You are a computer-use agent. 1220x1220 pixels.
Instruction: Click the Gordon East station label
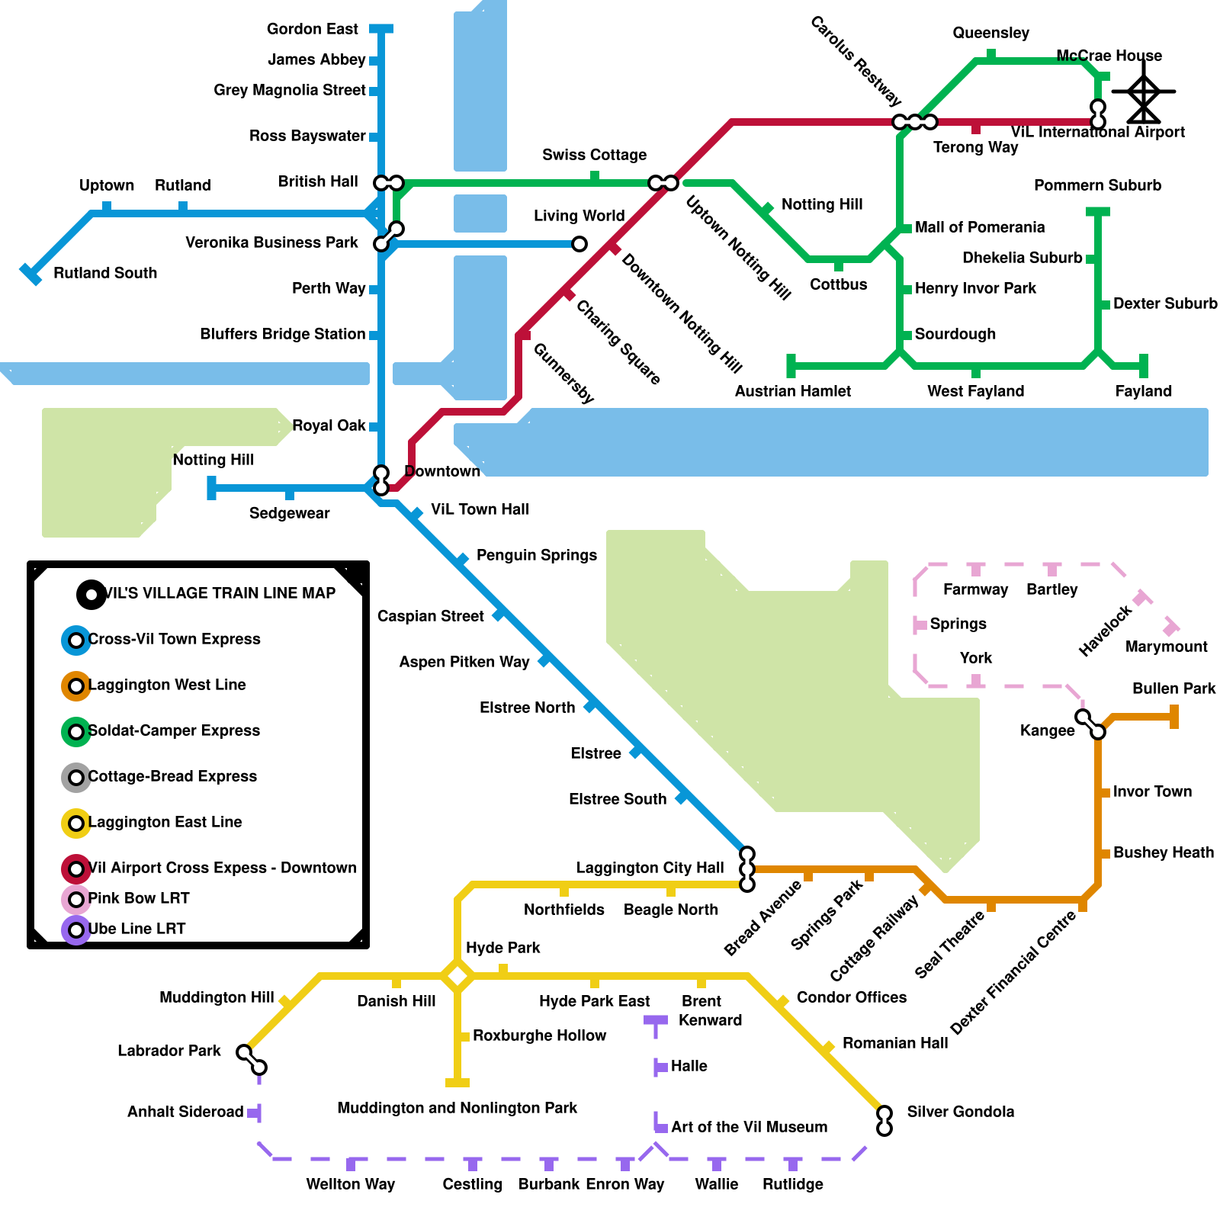tap(312, 29)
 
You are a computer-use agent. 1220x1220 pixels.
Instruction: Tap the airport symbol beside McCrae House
tap(1143, 92)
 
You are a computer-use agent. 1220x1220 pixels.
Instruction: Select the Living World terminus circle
tap(579, 244)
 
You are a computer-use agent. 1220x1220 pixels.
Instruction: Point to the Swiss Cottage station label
tap(594, 155)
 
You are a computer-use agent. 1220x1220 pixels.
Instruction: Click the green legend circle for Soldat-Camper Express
tap(76, 731)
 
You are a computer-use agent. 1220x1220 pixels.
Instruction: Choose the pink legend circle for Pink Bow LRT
tap(76, 900)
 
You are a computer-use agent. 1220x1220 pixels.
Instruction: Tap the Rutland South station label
tap(105, 273)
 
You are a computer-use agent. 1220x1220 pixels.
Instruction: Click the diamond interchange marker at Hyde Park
tap(457, 976)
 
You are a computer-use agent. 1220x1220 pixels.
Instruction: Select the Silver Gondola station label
tap(960, 1112)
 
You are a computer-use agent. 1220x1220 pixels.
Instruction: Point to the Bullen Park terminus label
tap(1173, 689)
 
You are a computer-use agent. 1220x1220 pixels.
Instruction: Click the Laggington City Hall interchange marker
tap(747, 869)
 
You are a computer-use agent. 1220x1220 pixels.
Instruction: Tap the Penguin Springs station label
tap(536, 555)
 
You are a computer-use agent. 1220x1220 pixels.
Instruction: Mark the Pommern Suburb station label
tap(1097, 185)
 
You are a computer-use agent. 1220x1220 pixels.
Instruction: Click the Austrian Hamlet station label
tap(792, 391)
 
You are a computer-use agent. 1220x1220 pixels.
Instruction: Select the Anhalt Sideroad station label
tap(185, 1112)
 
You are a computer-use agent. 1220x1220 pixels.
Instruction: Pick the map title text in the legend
tap(220, 593)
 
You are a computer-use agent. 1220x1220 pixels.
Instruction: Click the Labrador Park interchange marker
tap(252, 1060)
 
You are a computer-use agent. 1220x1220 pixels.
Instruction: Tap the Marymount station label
tap(1166, 647)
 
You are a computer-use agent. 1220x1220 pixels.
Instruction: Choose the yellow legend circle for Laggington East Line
tap(76, 823)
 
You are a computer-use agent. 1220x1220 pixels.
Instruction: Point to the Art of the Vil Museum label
tap(749, 1127)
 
